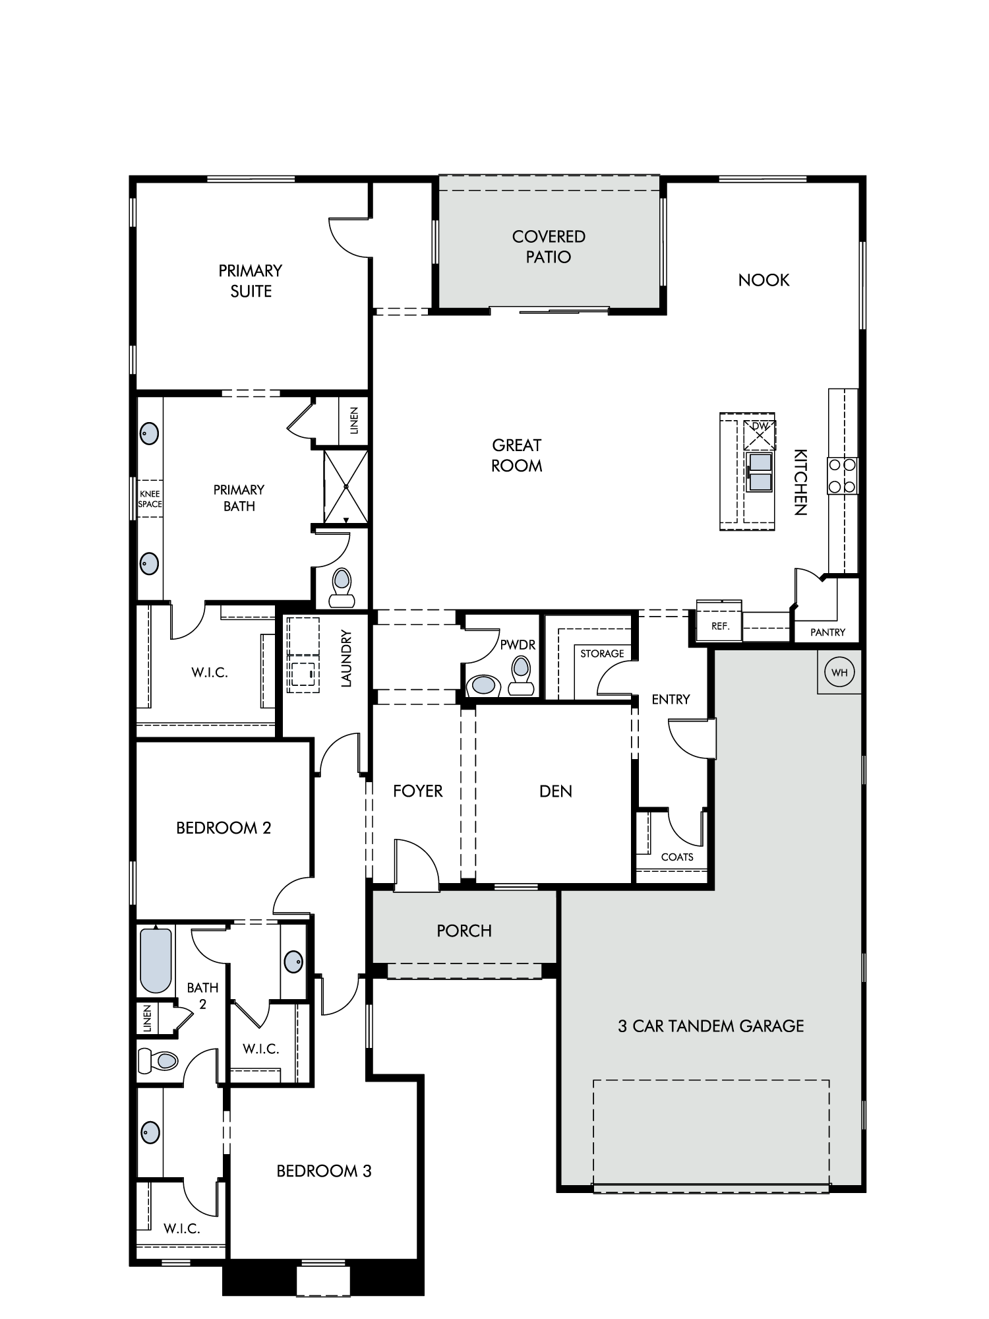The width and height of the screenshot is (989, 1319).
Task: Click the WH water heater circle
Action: (839, 673)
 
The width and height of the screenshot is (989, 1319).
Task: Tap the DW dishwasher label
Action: (760, 426)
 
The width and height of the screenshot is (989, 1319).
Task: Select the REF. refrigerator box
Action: (719, 621)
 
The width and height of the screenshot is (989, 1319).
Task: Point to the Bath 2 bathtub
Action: (156, 960)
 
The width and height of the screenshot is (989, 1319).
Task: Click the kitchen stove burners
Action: (843, 475)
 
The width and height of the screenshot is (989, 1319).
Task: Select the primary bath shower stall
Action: (345, 487)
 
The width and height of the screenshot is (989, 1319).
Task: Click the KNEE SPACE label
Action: (150, 499)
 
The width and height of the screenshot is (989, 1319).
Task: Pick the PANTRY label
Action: (827, 632)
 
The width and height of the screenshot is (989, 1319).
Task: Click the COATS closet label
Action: (677, 857)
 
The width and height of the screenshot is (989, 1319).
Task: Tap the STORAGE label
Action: (602, 654)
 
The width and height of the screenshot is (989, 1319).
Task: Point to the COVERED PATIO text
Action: (549, 247)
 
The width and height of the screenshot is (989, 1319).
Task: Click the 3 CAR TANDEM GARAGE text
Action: (711, 1026)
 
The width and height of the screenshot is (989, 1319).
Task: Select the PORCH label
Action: (464, 931)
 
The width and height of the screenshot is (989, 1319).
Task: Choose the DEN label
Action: (556, 791)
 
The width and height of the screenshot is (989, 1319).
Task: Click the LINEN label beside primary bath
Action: (353, 421)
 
